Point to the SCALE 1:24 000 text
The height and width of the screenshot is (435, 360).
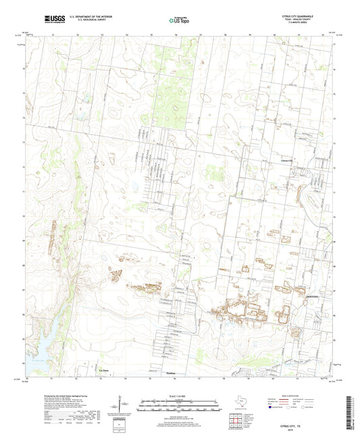click(179, 395)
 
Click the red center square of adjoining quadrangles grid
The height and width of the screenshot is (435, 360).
click(234, 422)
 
